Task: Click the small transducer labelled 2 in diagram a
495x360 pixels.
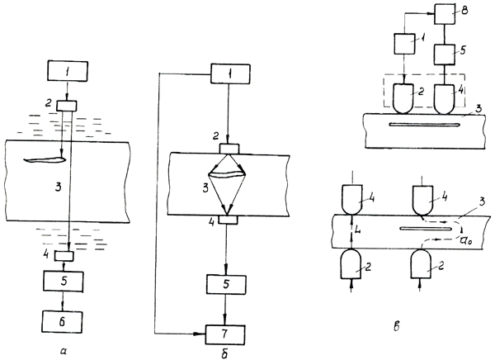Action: [x=64, y=106]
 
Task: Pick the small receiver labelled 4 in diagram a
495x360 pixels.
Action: [x=64, y=256]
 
